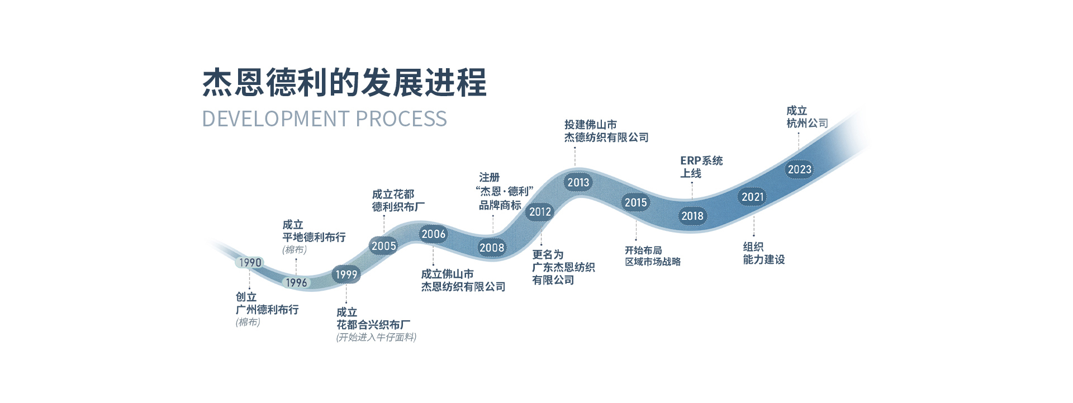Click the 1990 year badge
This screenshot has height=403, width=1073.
(250, 263)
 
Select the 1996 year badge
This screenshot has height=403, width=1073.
(296, 283)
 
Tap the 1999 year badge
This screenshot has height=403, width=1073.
(346, 274)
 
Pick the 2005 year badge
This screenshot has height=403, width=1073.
(383, 246)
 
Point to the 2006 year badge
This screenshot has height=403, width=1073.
(433, 234)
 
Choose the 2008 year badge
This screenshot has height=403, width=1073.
(492, 248)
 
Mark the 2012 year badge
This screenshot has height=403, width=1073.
(540, 212)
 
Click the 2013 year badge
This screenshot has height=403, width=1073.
(578, 182)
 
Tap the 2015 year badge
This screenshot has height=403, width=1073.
(635, 202)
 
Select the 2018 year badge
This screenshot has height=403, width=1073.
(692, 216)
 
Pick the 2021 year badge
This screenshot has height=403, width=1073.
(752, 197)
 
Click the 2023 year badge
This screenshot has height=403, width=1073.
(799, 169)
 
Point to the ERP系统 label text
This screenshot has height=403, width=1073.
(701, 161)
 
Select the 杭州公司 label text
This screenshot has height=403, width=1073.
(807, 124)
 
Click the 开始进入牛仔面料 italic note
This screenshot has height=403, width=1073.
(376, 337)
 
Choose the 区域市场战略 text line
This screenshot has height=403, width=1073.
(652, 262)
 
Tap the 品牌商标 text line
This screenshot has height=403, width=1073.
(500, 205)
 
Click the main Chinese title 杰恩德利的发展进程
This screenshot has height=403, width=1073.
(344, 83)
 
